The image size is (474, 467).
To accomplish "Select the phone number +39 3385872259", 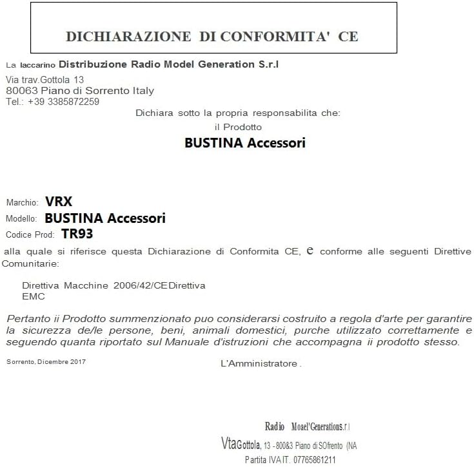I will pyautogui.click(x=64, y=101).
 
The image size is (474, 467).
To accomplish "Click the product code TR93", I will pyautogui.click(x=77, y=234).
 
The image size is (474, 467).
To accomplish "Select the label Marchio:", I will pyautogui.click(x=23, y=202).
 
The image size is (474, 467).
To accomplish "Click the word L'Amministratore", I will pyautogui.click(x=259, y=363).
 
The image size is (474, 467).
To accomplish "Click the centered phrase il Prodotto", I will pyautogui.click(x=238, y=127).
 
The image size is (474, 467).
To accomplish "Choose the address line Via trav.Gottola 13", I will pyautogui.click(x=44, y=79).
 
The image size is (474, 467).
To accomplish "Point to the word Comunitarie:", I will pyautogui.click(x=30, y=263).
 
